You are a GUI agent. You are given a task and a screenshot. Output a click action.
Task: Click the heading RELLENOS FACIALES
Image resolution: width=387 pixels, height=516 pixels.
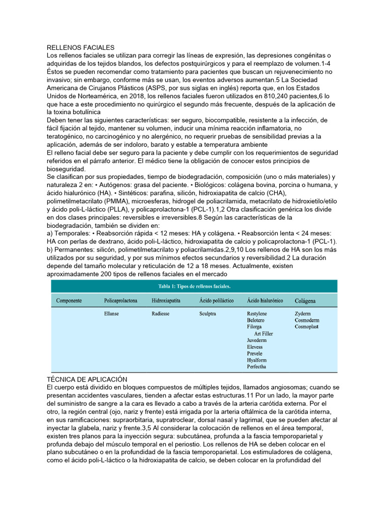coord(81,47)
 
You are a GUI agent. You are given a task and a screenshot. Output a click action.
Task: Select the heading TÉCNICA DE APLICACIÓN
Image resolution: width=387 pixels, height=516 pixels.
coord(87,379)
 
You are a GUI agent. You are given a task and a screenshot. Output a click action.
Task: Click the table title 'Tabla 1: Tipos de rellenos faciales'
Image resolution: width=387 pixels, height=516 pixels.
coord(194,286)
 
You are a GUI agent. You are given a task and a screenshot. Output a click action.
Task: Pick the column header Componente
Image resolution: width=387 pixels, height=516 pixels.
coord(69,301)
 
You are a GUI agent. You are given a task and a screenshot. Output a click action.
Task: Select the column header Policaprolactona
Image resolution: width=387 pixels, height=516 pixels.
coord(120,301)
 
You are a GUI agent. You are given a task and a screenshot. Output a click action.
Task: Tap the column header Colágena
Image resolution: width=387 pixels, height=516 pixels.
coord(305,301)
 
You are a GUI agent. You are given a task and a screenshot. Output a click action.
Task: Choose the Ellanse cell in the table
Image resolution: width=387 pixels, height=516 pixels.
coord(112,313)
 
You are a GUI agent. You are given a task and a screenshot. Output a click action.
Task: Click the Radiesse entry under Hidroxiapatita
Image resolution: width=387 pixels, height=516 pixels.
coord(160,313)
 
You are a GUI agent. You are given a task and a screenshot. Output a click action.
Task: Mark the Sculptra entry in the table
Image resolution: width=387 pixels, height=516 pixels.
coord(208,313)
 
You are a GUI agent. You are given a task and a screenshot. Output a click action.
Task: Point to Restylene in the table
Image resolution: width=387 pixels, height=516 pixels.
coord(257,313)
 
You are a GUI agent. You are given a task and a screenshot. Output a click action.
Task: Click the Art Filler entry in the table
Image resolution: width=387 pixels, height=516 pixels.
coord(264,334)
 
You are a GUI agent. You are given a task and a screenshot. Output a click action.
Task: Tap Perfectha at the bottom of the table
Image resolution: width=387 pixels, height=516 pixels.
coord(257,367)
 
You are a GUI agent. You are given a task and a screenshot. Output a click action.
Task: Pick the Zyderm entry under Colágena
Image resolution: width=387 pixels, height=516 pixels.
coord(303,313)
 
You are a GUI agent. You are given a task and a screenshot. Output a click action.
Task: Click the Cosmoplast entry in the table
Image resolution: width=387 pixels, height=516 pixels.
coord(307,327)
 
